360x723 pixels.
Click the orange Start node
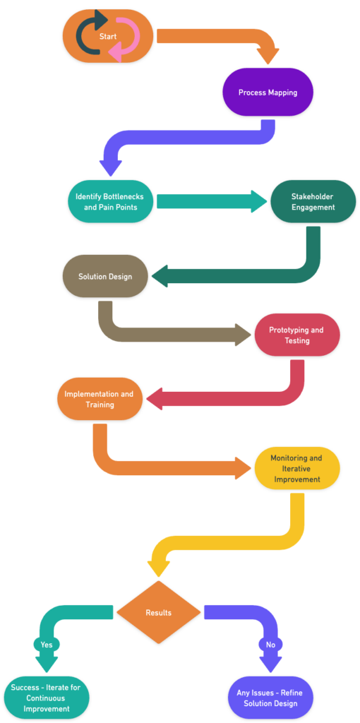click(x=108, y=36)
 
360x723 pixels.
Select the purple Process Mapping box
click(x=268, y=92)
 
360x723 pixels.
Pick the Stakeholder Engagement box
click(x=313, y=201)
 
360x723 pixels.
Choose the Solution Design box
click(x=105, y=276)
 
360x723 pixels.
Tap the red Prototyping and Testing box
click(x=296, y=335)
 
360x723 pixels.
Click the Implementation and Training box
click(x=100, y=399)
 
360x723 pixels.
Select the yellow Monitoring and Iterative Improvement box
click(x=296, y=468)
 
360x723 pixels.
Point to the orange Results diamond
click(x=158, y=612)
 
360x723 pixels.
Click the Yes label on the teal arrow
click(x=47, y=644)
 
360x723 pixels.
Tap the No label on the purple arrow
click(x=270, y=644)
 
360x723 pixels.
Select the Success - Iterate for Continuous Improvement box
click(x=47, y=698)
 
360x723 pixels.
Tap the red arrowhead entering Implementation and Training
click(x=154, y=399)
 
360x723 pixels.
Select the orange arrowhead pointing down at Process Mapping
click(x=268, y=56)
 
